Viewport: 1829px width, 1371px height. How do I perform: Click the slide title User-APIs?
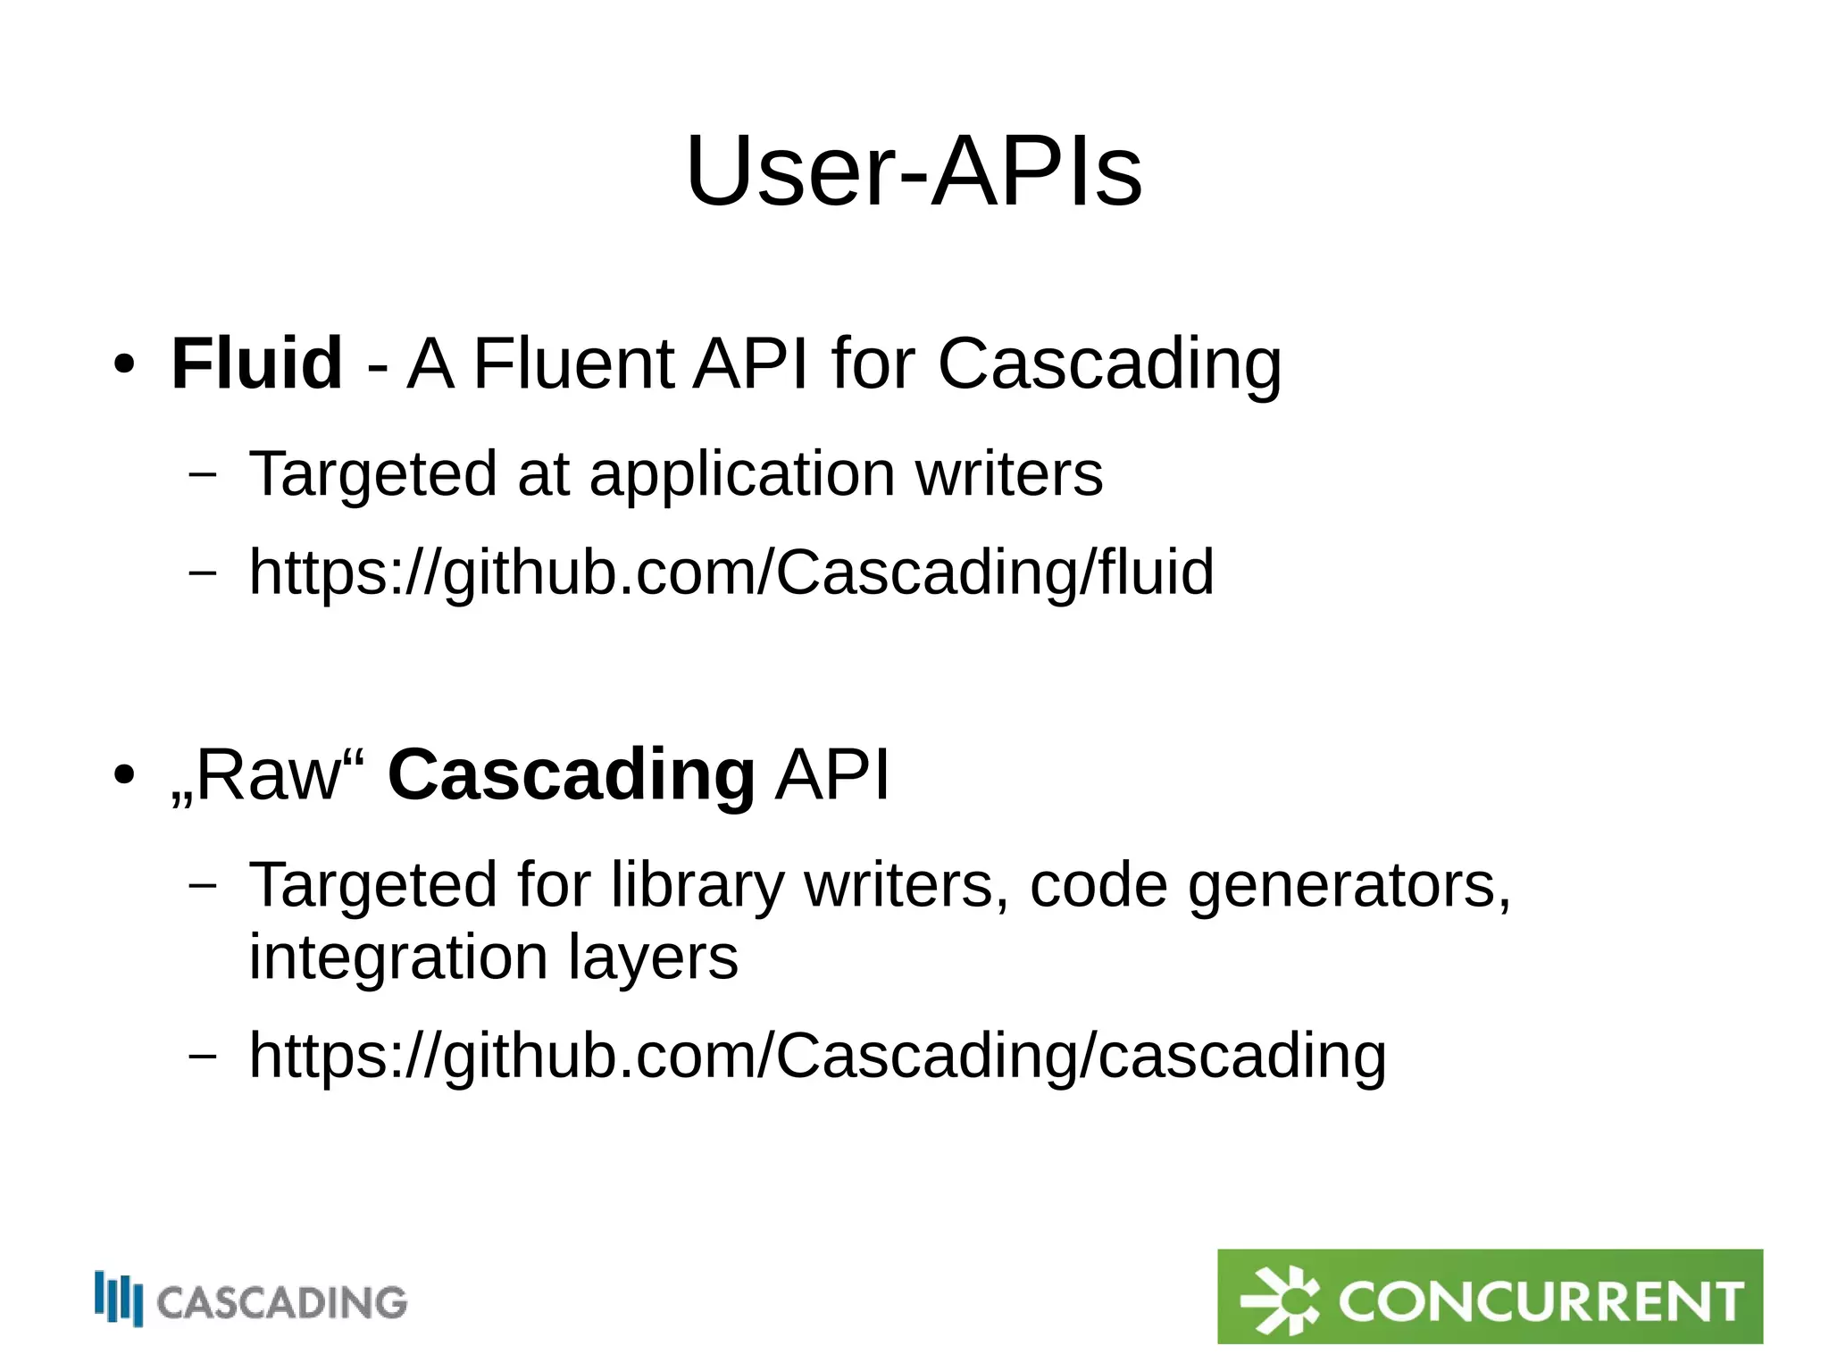[914, 171]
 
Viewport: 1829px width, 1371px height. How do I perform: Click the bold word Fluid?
[256, 364]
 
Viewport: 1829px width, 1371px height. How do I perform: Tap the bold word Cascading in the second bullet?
[572, 774]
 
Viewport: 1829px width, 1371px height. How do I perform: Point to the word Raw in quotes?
[268, 775]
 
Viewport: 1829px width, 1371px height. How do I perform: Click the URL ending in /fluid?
[731, 572]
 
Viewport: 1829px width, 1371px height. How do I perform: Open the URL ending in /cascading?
[817, 1056]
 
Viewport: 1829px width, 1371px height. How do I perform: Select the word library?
[697, 886]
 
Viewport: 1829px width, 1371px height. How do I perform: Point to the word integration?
[397, 957]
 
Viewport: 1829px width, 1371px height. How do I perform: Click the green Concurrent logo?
[1490, 1296]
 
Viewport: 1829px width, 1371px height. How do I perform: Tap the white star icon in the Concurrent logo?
[1280, 1300]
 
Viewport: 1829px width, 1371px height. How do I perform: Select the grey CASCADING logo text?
[282, 1303]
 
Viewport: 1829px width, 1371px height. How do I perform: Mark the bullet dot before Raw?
[124, 775]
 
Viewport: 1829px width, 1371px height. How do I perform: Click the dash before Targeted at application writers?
[203, 473]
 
